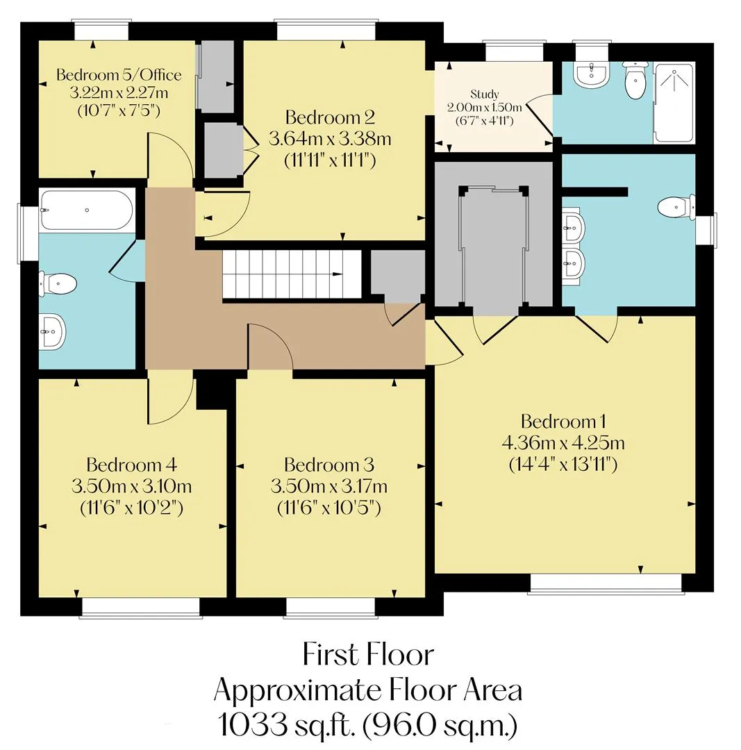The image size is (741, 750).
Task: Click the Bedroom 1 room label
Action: (563, 422)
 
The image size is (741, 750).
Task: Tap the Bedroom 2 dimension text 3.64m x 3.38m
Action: (330, 139)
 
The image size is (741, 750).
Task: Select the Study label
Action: (485, 94)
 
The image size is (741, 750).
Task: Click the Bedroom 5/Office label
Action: (119, 74)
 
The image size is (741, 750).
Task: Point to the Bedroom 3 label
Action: (329, 465)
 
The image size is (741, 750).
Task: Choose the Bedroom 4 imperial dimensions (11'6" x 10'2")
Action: (131, 508)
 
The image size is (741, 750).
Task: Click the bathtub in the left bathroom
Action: (87, 210)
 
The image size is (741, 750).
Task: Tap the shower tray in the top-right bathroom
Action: (674, 103)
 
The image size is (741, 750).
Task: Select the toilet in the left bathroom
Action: (58, 284)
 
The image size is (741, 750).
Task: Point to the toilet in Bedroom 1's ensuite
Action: (676, 208)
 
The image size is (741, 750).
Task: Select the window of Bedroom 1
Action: (606, 584)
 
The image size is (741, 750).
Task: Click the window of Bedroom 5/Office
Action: (101, 30)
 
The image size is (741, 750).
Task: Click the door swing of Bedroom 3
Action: (270, 346)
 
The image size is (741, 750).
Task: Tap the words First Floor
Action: (368, 654)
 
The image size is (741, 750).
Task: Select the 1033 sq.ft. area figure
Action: (287, 725)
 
